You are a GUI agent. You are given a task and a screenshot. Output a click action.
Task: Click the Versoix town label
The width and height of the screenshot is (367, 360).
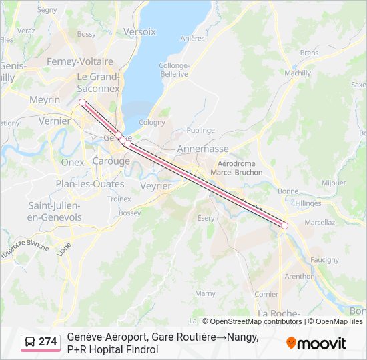pos(139,31)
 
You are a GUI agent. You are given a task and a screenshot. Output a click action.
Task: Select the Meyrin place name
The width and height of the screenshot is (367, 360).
pos(45,99)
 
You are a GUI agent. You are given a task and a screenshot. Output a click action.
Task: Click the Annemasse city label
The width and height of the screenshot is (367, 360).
pos(203,149)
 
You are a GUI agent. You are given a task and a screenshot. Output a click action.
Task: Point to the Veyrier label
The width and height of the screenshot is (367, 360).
pos(155,187)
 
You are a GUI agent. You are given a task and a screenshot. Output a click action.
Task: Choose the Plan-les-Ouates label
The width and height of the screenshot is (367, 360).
pos(89,184)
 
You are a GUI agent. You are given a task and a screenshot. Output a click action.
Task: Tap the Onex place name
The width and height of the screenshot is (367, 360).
pos(72,162)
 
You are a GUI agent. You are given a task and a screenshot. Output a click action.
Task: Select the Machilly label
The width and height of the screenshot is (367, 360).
pos(298,73)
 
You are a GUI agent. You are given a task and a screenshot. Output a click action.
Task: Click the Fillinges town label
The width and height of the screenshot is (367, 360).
pos(308,203)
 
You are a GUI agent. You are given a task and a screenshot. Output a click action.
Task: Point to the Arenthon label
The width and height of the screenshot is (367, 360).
pos(299,276)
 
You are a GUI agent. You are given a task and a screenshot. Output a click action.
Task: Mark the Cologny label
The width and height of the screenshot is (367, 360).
pos(152,123)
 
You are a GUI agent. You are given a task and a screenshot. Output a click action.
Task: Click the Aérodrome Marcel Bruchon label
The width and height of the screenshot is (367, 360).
pos(236,167)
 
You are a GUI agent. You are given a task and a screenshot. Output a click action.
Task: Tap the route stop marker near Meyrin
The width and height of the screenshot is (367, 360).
pos(82,102)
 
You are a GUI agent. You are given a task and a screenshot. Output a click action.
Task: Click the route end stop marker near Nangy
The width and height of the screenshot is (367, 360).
pos(284,225)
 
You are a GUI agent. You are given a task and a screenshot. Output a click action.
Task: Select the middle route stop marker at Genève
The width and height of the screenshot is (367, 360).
pos(127,143)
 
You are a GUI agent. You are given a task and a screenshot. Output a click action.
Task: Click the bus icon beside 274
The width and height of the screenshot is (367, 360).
pos(30,342)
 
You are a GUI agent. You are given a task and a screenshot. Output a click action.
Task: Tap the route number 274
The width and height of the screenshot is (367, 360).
pos(48,342)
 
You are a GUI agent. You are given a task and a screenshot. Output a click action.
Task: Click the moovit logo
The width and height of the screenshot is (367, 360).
pos(316,343)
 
